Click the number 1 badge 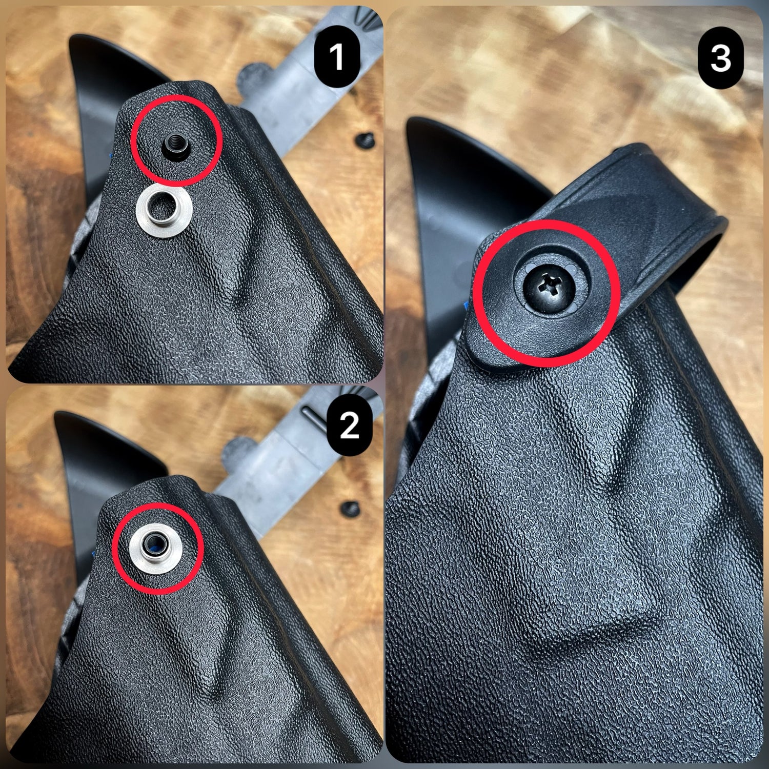[336, 57]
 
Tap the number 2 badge [349, 426]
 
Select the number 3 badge [720, 58]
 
